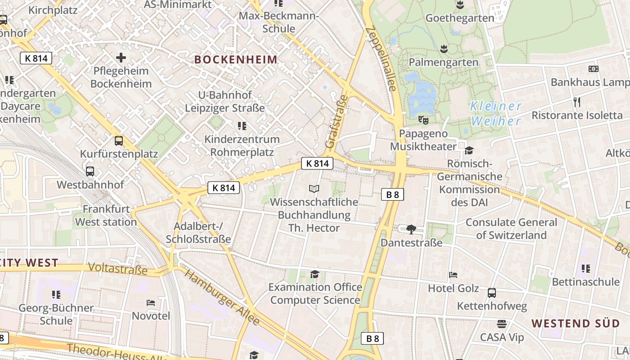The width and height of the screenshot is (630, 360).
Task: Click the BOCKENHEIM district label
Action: coord(236,59)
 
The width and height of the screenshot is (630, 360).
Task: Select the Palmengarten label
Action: coord(443,62)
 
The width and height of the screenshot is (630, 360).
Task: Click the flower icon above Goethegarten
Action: coord(460,5)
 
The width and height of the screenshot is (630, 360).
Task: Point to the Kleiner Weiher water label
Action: coord(496,113)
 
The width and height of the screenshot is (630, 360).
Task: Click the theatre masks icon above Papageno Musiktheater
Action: coord(423,120)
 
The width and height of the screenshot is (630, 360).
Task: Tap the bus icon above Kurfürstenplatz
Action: coord(119,141)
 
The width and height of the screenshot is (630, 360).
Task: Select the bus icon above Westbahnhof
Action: coord(90,171)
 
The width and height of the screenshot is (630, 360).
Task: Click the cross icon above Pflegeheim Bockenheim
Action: coord(121,58)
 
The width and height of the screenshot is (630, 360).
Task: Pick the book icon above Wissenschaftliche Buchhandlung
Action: coord(314,189)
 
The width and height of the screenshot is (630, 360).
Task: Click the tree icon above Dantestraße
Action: coord(411,229)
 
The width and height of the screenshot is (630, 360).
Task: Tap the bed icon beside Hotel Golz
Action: coord(453,275)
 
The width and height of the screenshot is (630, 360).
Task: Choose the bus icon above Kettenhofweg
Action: coord(492,293)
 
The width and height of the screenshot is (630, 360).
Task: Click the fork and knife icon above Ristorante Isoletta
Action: coord(577,102)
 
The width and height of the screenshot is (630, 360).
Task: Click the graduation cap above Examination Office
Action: coord(315,274)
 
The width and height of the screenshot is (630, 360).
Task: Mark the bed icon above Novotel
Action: coord(151,303)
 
